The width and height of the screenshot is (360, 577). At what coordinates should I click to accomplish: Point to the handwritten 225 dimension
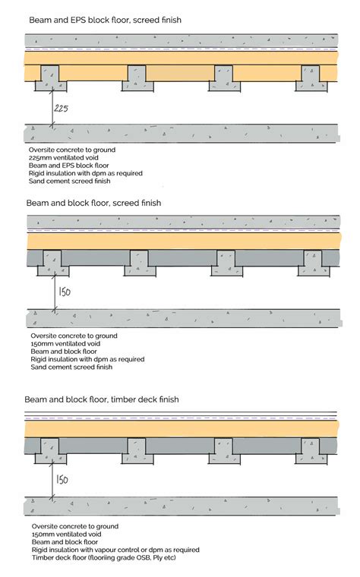(x=62, y=109)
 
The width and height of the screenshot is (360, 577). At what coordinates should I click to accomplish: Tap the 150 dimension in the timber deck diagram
(x=62, y=479)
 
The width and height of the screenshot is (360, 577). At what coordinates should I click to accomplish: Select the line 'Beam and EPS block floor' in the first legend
(x=68, y=166)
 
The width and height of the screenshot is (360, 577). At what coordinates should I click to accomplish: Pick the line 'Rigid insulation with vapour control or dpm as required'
(x=115, y=550)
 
